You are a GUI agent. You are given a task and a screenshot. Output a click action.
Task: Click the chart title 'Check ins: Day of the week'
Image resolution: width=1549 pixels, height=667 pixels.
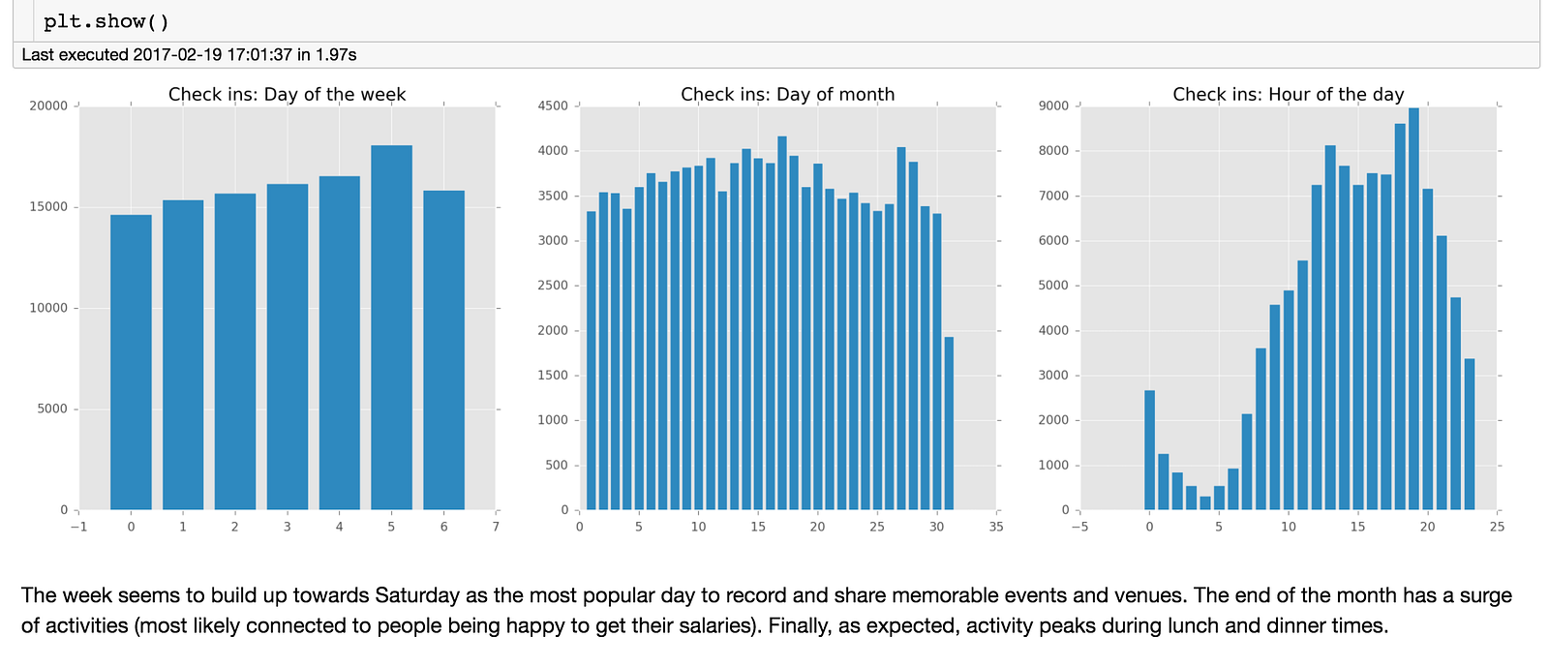[x=287, y=94]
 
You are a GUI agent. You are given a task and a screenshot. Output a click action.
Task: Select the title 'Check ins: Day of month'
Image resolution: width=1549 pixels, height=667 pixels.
[x=787, y=94]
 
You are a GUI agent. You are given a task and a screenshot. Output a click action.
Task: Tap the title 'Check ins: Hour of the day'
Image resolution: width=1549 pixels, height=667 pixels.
[x=1288, y=94]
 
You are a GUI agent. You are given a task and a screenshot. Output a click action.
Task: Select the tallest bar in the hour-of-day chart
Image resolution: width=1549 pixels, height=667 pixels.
[x=1413, y=309]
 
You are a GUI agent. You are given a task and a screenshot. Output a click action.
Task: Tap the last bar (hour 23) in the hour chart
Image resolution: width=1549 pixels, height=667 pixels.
[x=1470, y=435]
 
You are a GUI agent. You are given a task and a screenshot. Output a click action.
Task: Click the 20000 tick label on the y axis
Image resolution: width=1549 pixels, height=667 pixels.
[x=48, y=106]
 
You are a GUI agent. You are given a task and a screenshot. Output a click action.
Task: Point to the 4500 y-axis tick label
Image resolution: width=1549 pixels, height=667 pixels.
[x=553, y=106]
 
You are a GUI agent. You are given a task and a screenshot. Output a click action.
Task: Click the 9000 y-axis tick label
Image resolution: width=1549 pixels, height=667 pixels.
[x=1054, y=106]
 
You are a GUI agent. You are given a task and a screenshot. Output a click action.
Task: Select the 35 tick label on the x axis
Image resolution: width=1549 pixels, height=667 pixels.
[x=996, y=527]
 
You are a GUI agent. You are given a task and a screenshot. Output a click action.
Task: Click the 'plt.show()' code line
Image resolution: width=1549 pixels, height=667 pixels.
[x=106, y=21]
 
